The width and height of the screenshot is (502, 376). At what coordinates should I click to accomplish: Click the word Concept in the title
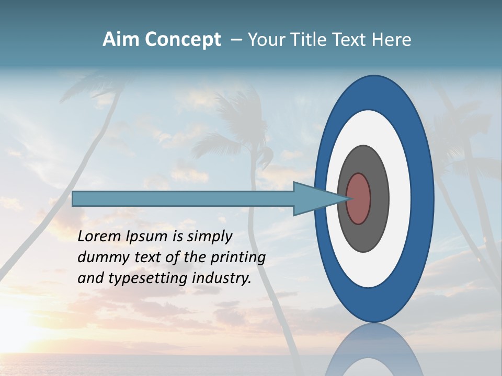coord(183,40)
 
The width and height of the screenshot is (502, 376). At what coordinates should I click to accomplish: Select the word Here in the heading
coord(392,40)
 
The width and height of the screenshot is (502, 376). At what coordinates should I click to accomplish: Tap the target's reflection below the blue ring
coord(373,350)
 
